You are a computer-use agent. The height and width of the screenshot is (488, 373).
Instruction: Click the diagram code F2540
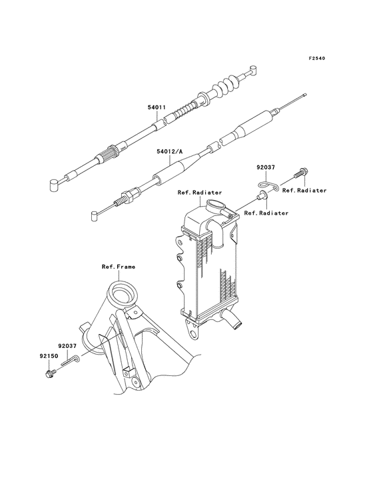(317, 58)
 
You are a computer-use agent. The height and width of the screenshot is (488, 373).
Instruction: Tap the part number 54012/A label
(171, 152)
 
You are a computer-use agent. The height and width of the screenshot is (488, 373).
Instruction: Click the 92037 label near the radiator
(266, 167)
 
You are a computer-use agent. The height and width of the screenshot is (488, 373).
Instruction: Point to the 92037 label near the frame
(67, 346)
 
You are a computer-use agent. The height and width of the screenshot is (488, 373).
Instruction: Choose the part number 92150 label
(49, 356)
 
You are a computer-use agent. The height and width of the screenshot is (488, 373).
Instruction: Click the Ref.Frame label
(119, 267)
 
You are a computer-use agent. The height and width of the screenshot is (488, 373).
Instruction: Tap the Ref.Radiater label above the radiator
(200, 193)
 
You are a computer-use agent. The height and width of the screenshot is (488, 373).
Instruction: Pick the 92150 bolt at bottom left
(50, 373)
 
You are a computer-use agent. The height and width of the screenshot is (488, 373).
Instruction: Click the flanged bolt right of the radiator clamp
(300, 173)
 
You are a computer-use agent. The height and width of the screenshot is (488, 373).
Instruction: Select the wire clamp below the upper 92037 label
(268, 185)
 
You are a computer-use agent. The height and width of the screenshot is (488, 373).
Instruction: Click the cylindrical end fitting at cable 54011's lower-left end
(55, 183)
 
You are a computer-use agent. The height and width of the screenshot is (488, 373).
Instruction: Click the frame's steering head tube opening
(123, 294)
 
